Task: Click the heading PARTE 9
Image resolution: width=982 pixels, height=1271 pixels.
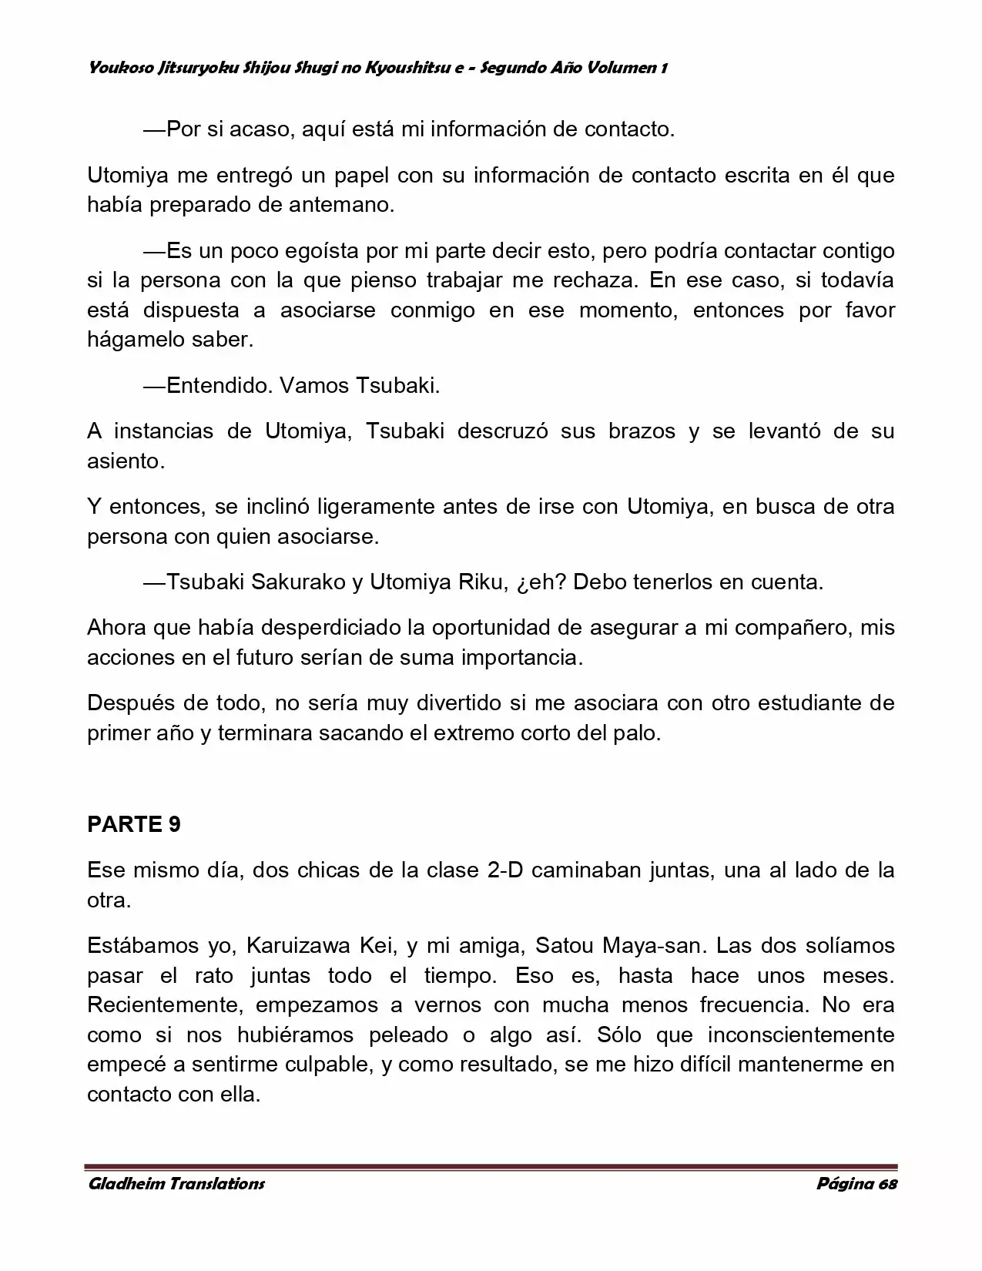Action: tap(134, 824)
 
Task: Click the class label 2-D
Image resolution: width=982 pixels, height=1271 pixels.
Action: tap(505, 870)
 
